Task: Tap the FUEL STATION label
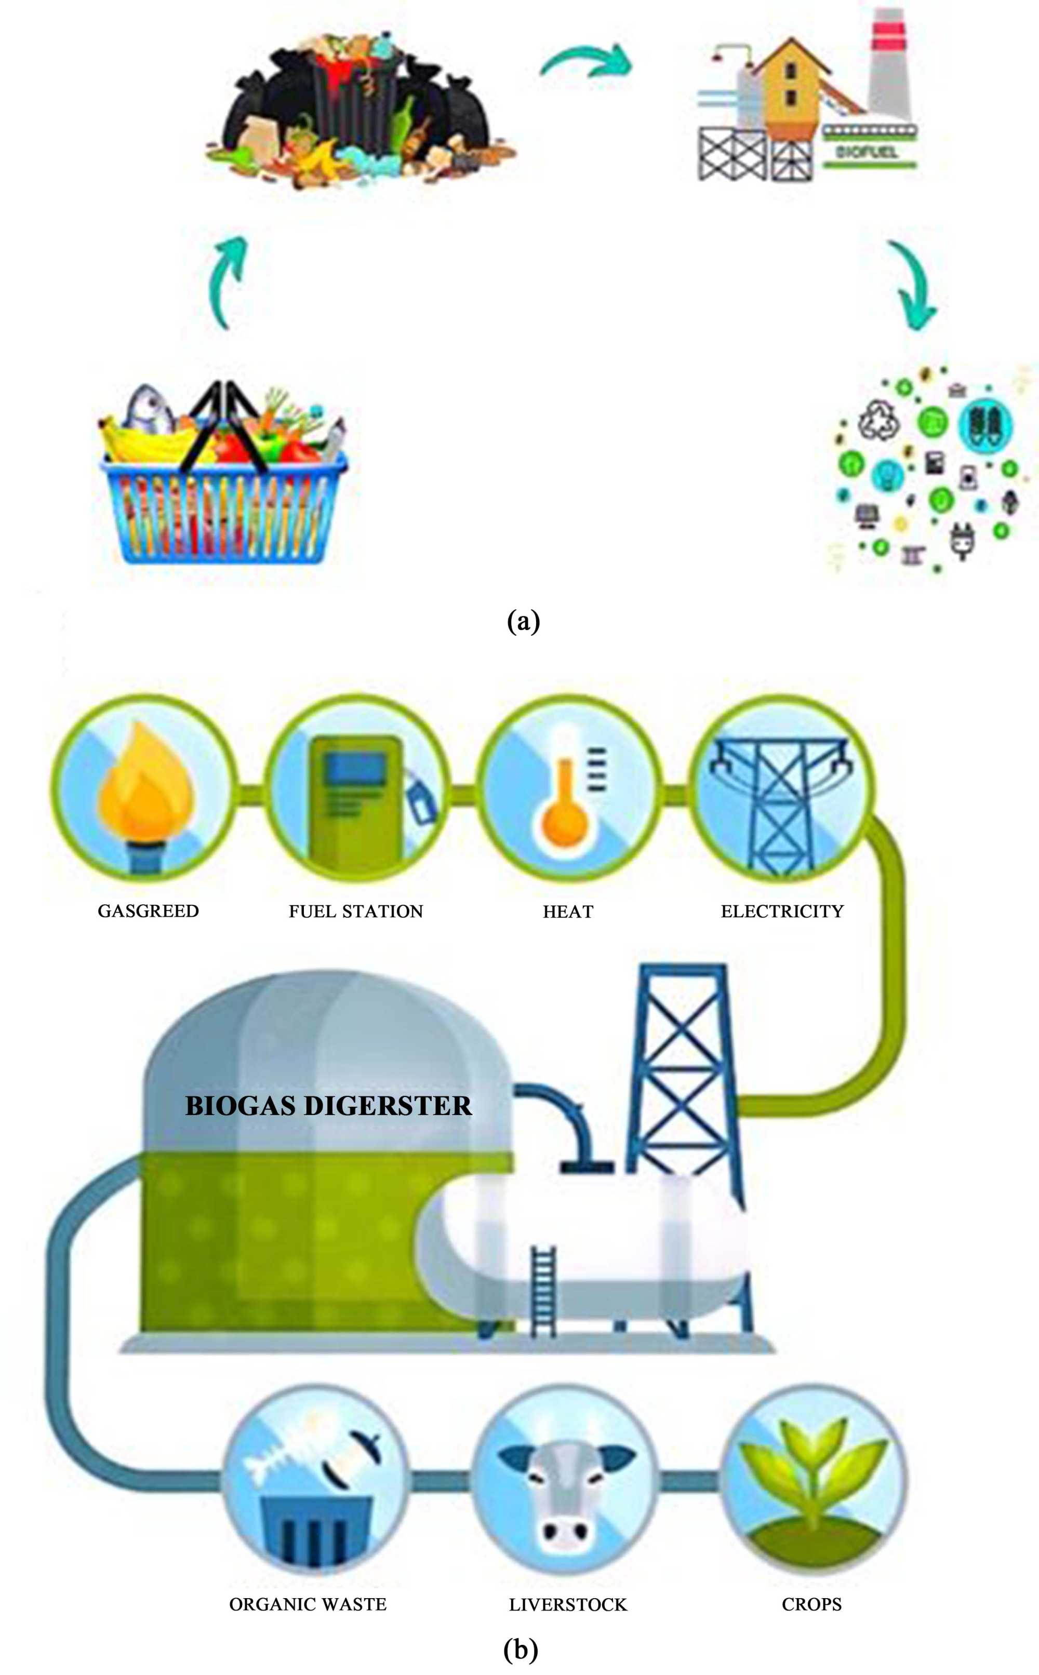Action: (355, 911)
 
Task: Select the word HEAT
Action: (568, 912)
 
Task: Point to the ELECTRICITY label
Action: (782, 911)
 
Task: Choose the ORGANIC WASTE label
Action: (308, 1604)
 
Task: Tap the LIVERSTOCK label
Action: (568, 1605)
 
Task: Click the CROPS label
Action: (811, 1604)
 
